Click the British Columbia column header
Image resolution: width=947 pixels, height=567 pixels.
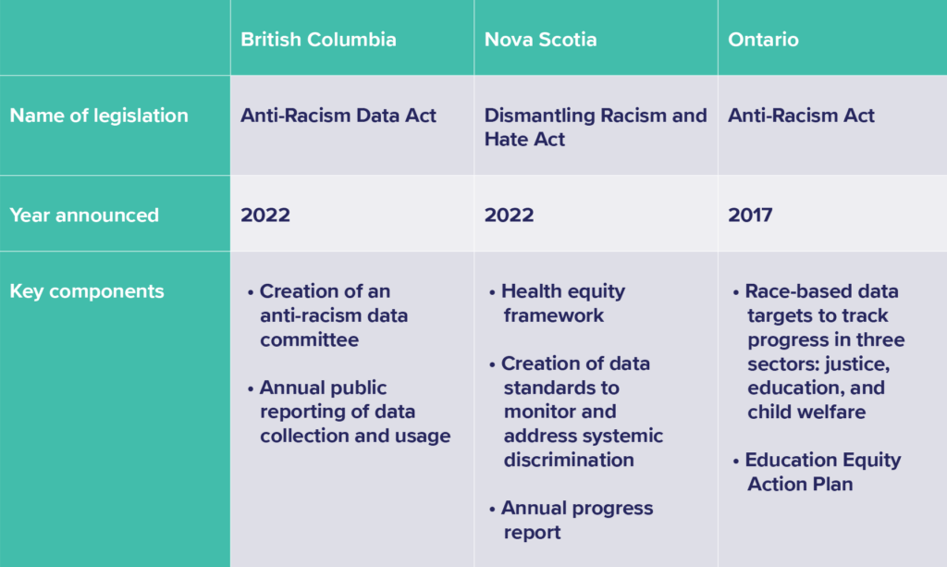click(318, 40)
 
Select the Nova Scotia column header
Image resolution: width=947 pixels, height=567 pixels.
click(540, 40)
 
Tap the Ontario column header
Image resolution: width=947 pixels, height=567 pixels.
click(763, 40)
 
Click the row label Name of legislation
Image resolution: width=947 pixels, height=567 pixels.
click(99, 116)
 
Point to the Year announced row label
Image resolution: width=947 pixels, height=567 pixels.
click(84, 215)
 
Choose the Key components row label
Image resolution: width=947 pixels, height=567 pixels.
click(87, 290)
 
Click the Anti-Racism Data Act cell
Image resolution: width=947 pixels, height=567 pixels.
click(338, 116)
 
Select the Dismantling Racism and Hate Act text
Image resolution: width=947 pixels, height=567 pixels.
click(595, 128)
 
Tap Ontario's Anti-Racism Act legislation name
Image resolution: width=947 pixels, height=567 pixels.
click(801, 116)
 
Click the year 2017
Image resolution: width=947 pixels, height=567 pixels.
click(750, 215)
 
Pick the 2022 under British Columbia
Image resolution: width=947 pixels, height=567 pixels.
click(265, 215)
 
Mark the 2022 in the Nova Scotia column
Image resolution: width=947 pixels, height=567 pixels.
click(509, 215)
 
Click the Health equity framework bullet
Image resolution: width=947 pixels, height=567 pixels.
click(562, 303)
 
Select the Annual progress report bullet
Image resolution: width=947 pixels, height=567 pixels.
click(576, 520)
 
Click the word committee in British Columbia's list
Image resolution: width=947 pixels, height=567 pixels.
click(309, 339)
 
